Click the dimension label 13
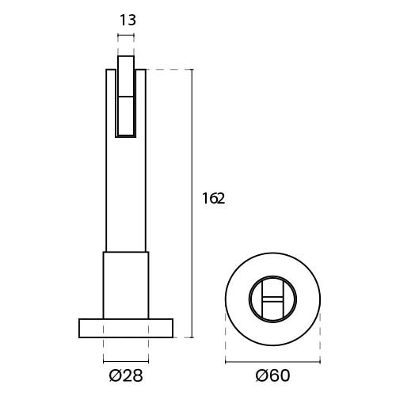(128, 20)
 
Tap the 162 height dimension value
(213, 199)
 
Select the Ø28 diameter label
(126, 375)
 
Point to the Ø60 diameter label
(272, 375)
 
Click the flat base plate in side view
(126, 328)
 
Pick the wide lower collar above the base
(126, 285)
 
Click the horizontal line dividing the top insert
(126, 97)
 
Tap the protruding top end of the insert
(126, 63)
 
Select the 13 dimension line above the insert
(126, 36)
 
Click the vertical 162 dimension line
(192, 204)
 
